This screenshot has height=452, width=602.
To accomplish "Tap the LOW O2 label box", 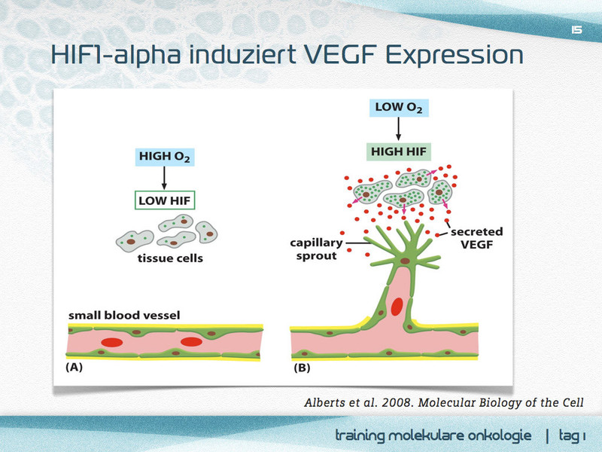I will click(398, 107).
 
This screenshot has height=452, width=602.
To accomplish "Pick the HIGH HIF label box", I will click(399, 151).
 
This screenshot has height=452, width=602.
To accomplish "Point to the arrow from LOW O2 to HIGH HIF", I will click(398, 129).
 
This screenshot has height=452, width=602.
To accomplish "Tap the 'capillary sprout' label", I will click(316, 249).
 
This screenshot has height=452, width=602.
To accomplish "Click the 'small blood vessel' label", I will click(124, 314).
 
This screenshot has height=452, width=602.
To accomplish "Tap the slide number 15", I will click(577, 30).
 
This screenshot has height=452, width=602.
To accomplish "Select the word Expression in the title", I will click(458, 56).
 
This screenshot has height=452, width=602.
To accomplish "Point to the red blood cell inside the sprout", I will click(396, 306).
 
